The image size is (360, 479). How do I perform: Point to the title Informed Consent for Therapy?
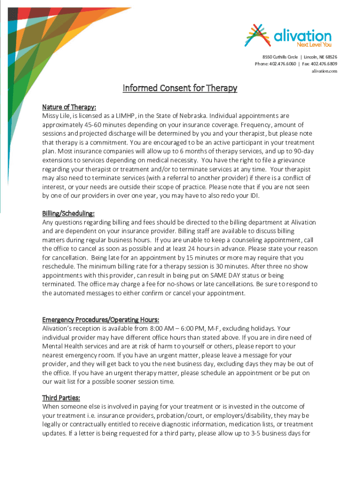click(180, 88)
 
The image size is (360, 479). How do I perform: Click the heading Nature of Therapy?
click(69, 107)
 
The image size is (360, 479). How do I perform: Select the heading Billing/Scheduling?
click(68, 214)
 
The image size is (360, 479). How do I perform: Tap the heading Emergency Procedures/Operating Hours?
click(101, 320)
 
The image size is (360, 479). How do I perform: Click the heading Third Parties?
click(61, 398)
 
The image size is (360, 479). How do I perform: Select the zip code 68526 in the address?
click(330, 57)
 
